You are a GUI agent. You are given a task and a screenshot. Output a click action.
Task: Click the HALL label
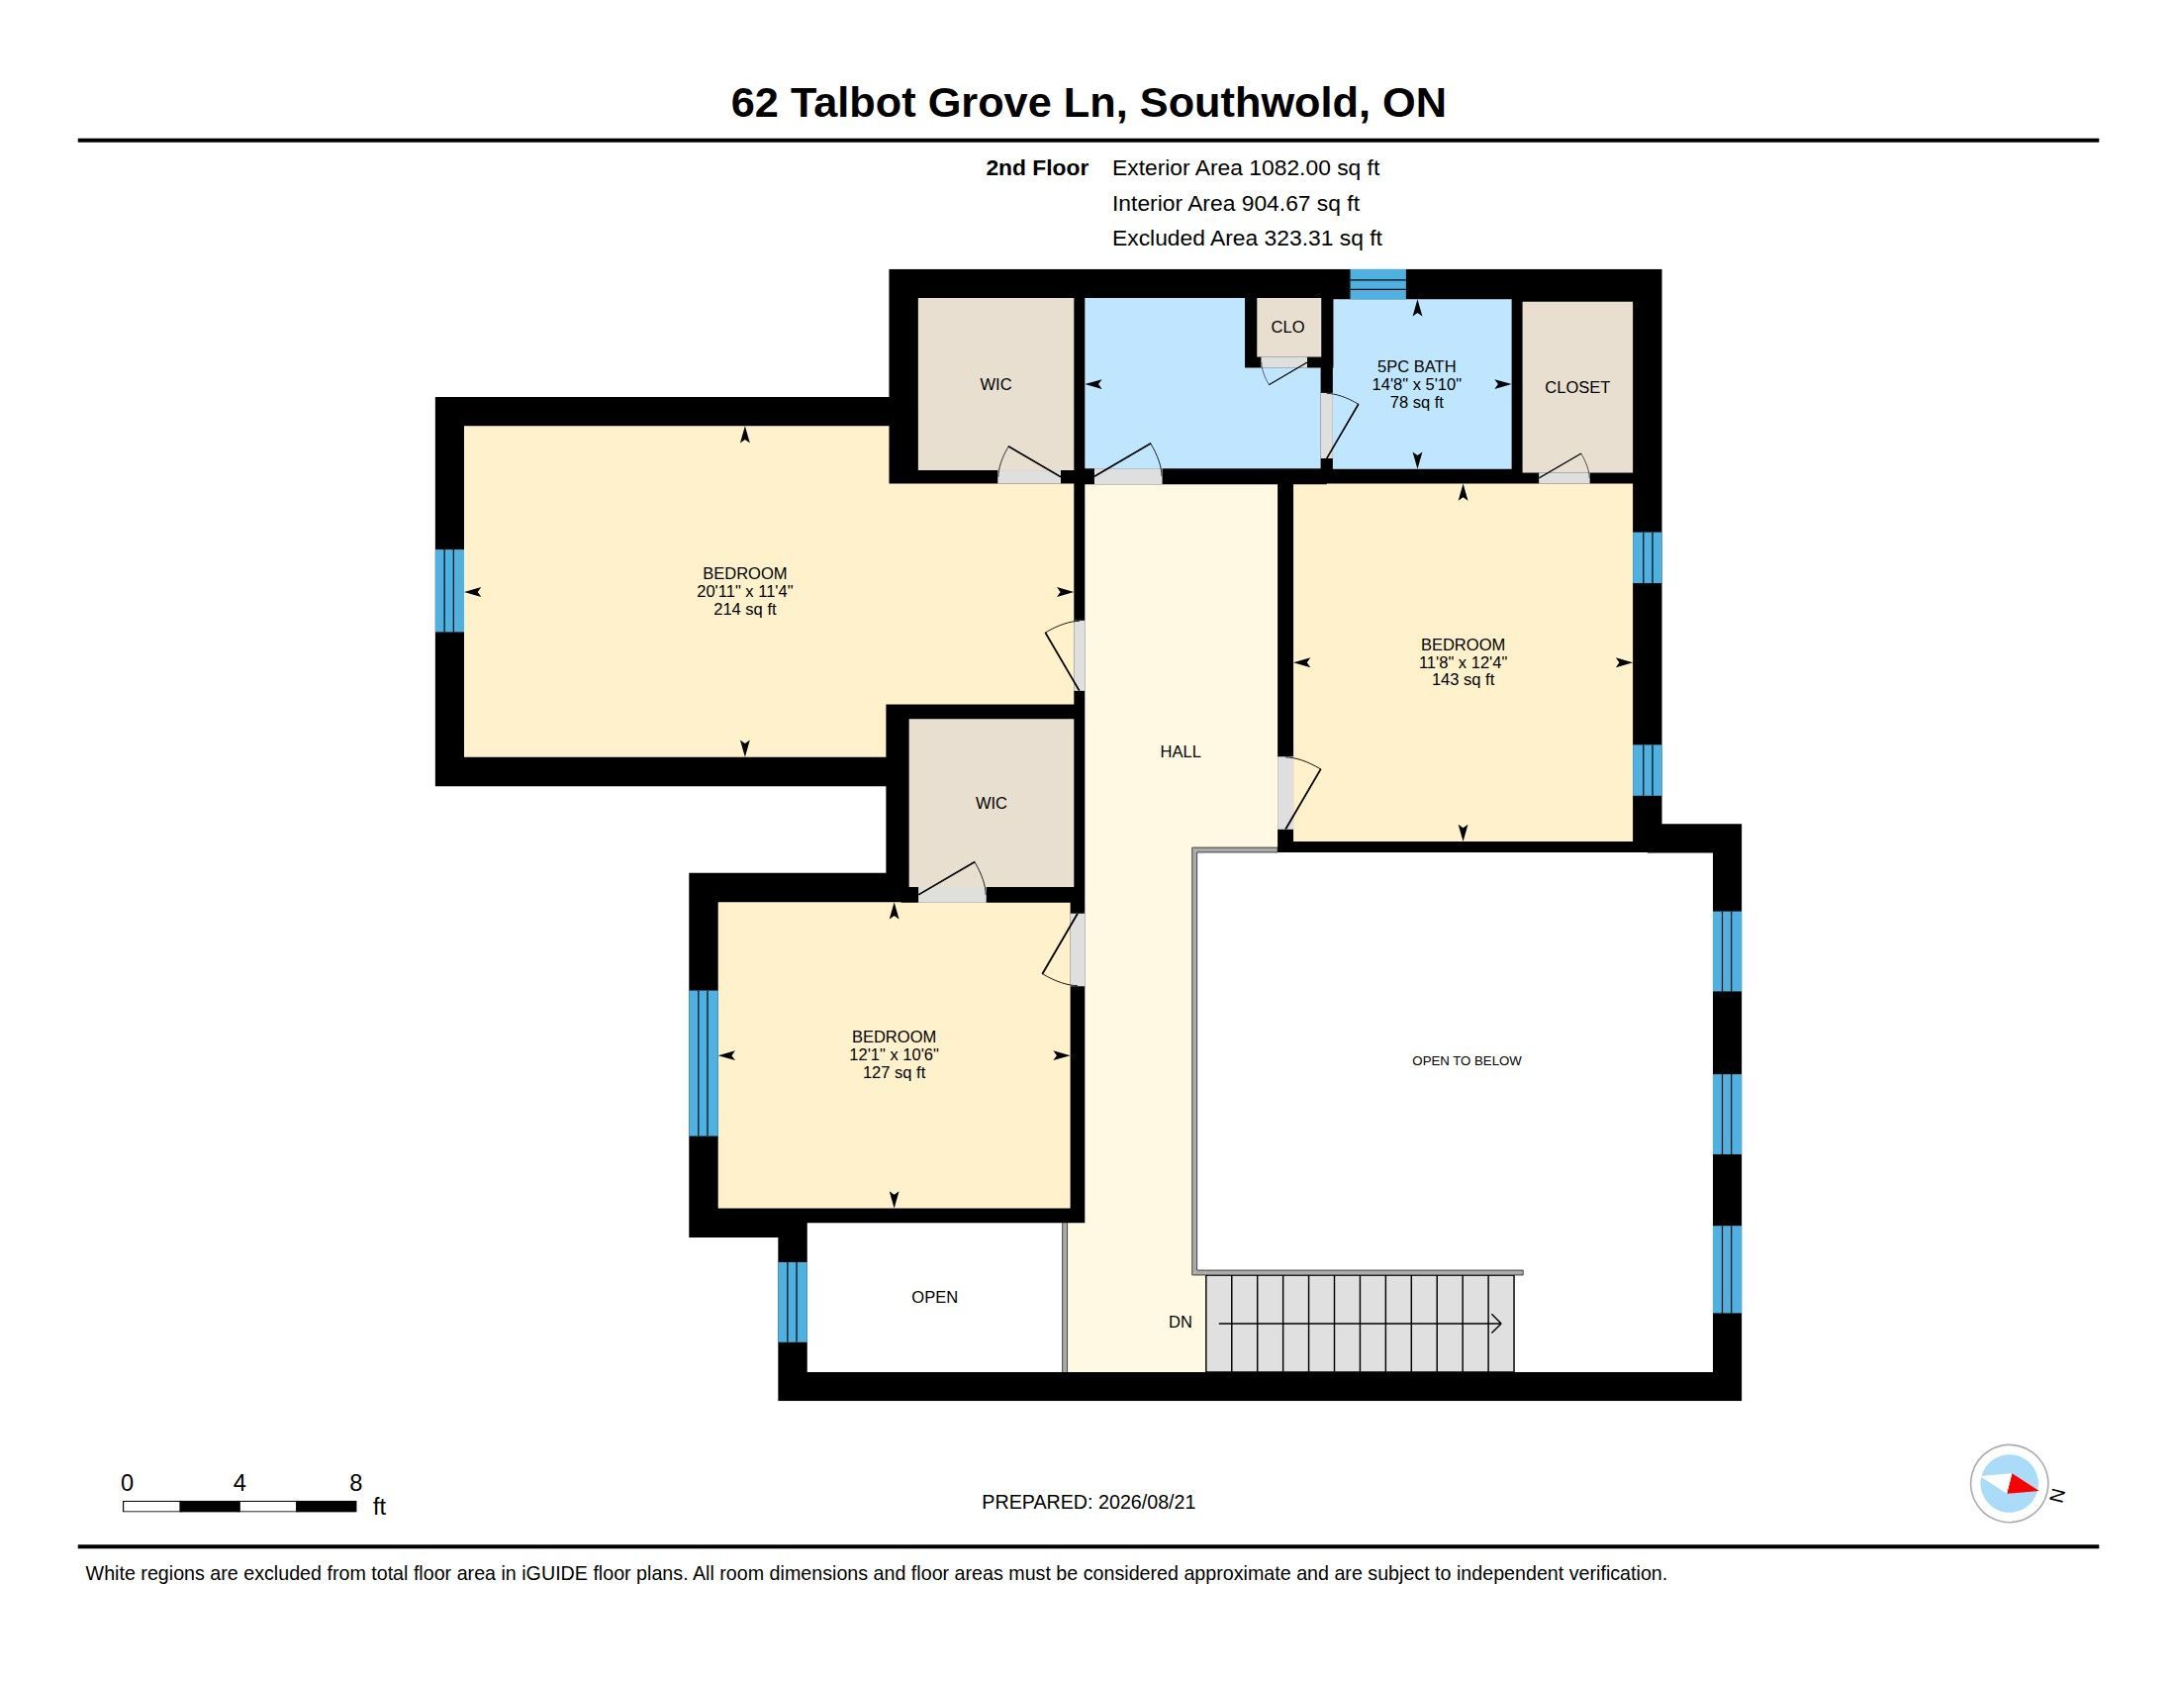click(1181, 751)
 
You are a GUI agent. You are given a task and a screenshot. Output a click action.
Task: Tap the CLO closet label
click(1286, 327)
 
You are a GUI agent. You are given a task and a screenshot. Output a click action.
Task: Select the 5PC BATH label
click(1416, 367)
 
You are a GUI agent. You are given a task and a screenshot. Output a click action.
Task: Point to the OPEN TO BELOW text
click(1467, 1061)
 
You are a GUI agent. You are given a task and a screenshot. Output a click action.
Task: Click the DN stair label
click(1181, 1322)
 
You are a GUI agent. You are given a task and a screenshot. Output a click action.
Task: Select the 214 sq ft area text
click(744, 609)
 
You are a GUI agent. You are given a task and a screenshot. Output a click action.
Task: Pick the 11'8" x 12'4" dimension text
click(1463, 662)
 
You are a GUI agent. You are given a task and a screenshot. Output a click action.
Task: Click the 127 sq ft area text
click(895, 1073)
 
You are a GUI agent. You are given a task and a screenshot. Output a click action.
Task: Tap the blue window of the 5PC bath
click(1377, 284)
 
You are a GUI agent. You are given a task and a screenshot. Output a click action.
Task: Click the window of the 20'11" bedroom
click(449, 590)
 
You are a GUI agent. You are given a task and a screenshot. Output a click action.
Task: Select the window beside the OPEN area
click(793, 1302)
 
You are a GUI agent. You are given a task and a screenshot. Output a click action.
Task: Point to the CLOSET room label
click(1577, 388)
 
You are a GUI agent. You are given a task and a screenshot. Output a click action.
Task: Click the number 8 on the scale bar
click(356, 1483)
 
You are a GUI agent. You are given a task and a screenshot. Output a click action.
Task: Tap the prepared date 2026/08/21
click(1146, 1503)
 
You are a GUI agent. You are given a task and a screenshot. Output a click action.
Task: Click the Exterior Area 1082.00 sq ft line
click(1246, 168)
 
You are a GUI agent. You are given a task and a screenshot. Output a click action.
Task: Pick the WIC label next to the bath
click(995, 385)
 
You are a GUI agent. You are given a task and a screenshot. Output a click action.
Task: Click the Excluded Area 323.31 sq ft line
click(1247, 239)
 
